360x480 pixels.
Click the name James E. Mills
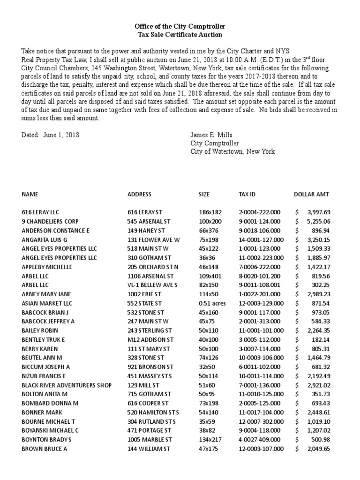click(x=211, y=135)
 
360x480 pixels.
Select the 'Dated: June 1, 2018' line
click(x=51, y=135)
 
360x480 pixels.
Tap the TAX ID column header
click(x=247, y=194)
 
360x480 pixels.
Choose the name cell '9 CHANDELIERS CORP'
click(x=50, y=221)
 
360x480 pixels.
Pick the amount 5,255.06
click(x=320, y=221)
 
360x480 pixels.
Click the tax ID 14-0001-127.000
click(x=261, y=240)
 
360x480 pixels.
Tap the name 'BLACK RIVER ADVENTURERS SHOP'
click(x=67, y=385)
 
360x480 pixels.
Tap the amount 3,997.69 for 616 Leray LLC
click(x=320, y=212)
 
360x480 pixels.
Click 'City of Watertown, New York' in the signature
click(x=232, y=151)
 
